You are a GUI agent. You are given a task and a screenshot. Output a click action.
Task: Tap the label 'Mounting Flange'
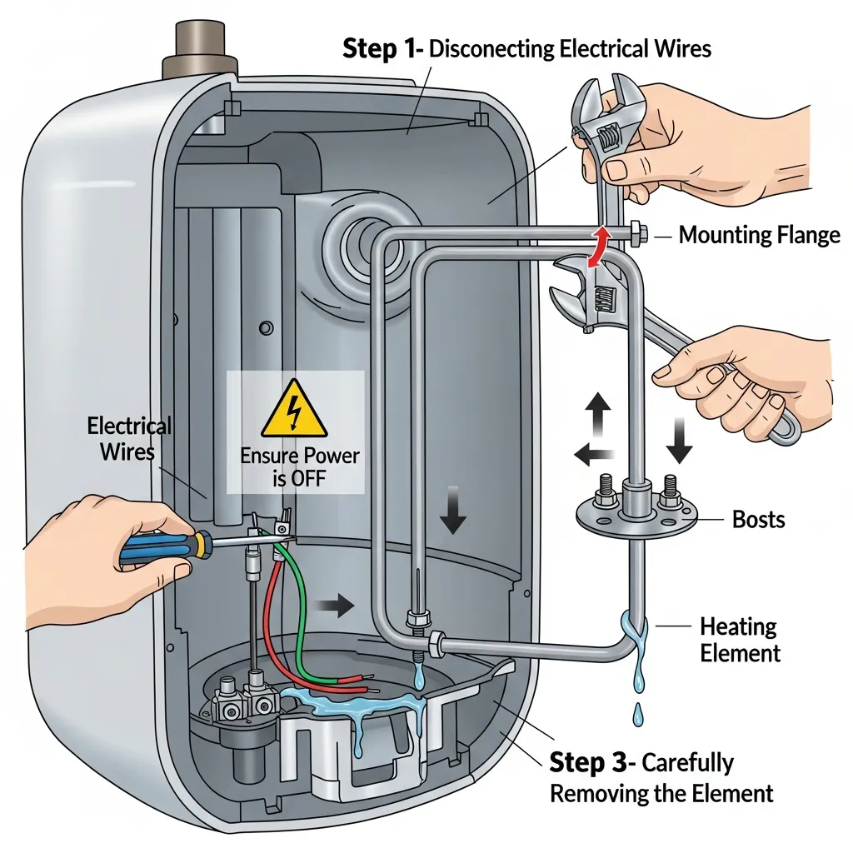click(759, 236)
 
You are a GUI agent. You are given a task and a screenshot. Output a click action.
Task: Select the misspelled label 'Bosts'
click(758, 520)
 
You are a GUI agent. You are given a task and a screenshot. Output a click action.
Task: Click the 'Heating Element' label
click(740, 639)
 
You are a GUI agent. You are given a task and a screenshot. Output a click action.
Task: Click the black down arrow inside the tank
click(454, 516)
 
